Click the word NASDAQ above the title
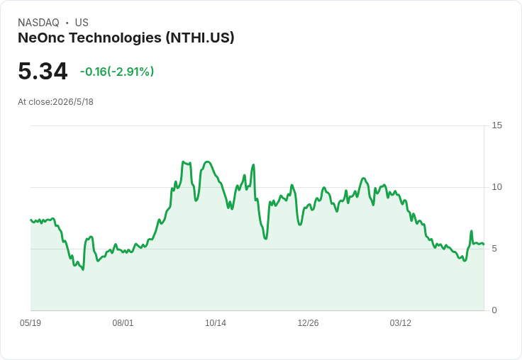click(x=38, y=23)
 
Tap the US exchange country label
click(x=82, y=23)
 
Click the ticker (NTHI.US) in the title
click(x=200, y=38)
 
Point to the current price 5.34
click(x=43, y=71)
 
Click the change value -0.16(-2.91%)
click(x=117, y=72)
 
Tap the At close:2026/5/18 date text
click(x=55, y=102)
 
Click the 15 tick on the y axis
click(x=496, y=125)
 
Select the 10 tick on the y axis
click(x=496, y=187)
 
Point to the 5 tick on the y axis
click(x=494, y=249)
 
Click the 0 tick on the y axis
click(x=494, y=310)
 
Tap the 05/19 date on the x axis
click(x=30, y=322)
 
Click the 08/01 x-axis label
click(x=123, y=322)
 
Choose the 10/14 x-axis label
click(x=216, y=322)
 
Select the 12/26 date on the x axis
click(x=308, y=322)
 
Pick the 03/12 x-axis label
click(x=401, y=322)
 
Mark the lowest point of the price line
click(x=83, y=269)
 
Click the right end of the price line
click(x=484, y=244)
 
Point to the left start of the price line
click(x=30, y=220)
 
